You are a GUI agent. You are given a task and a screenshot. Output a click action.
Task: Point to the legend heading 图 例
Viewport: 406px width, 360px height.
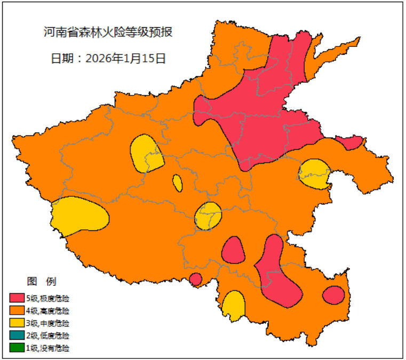[x=41, y=281]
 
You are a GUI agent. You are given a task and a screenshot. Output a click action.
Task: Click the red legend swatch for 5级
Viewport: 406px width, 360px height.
[x=17, y=298]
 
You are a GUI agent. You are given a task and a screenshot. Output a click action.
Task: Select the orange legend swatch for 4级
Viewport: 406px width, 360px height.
[x=17, y=310]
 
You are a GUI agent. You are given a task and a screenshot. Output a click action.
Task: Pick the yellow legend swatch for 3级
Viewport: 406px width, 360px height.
[x=17, y=323]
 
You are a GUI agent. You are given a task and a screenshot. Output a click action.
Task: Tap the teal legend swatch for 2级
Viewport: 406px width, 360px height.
[x=17, y=335]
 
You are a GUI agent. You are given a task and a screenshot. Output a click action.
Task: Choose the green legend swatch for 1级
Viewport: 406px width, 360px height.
[x=17, y=348]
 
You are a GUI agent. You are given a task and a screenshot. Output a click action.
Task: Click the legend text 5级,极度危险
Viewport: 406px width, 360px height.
[x=47, y=298]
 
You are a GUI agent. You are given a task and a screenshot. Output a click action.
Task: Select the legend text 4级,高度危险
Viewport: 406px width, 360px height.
[x=47, y=310]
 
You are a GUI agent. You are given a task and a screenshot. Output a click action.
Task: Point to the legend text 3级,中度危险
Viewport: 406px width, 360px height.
[x=47, y=323]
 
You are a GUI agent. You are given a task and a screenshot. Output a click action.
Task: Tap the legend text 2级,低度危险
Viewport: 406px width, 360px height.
[x=47, y=335]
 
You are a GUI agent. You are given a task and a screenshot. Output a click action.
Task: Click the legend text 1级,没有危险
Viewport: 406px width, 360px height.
[x=47, y=348]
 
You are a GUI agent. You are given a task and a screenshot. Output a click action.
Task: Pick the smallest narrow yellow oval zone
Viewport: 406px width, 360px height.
[x=177, y=183]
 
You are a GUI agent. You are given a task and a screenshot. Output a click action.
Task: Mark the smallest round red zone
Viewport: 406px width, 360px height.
[x=195, y=279]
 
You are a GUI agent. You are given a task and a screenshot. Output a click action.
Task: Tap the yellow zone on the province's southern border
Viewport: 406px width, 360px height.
[x=233, y=306]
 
